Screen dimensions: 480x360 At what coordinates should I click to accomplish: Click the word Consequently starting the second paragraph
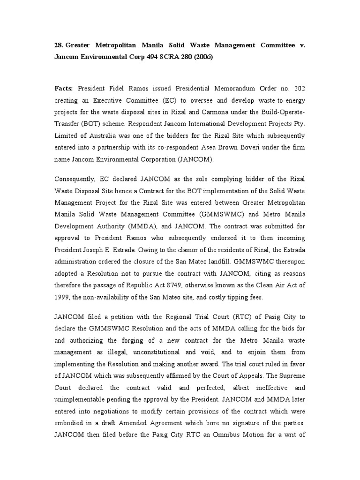pyautogui.click(x=76, y=179)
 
